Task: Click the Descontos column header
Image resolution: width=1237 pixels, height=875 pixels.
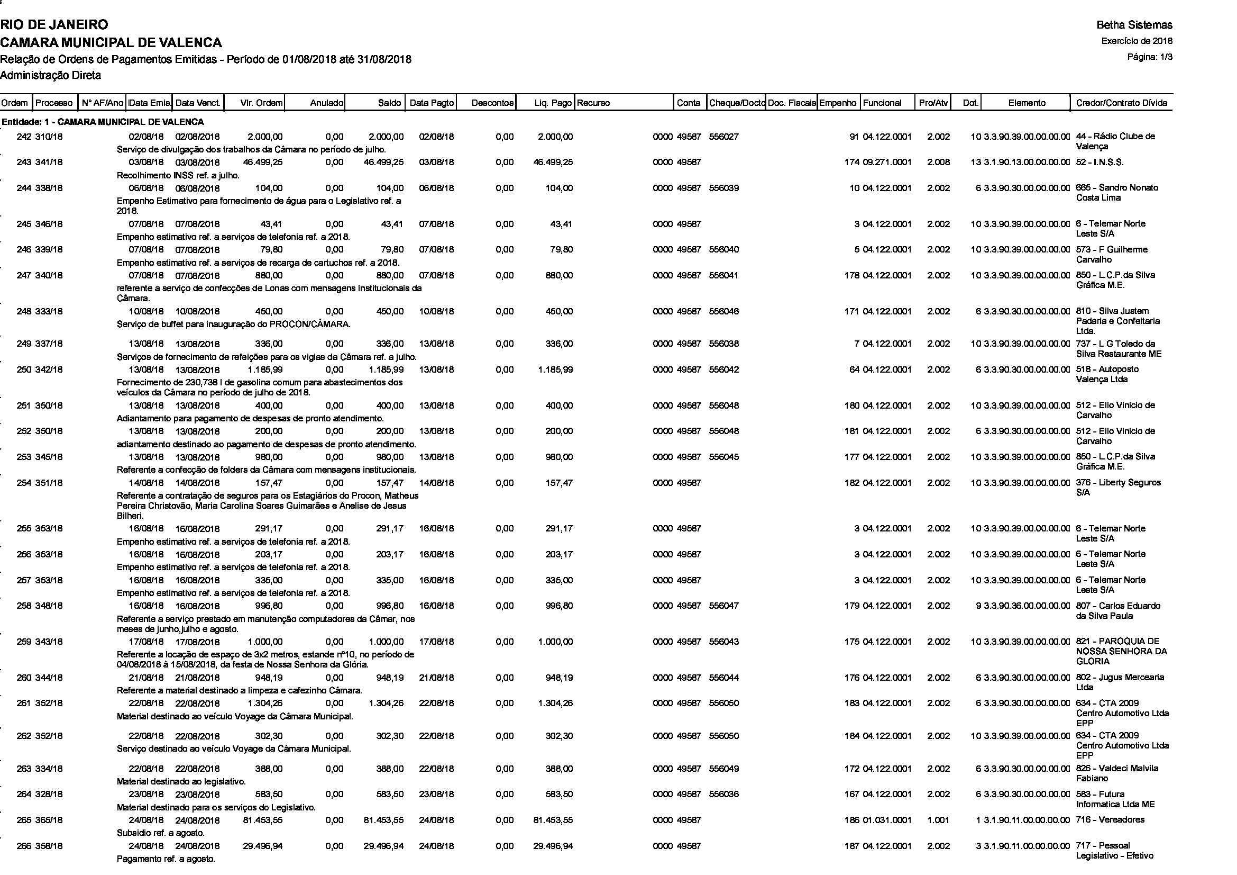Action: [492, 103]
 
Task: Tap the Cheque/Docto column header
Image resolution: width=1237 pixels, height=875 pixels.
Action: [737, 103]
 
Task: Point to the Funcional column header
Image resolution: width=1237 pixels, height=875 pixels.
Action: [882, 103]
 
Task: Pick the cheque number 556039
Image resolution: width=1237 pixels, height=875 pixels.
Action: [723, 188]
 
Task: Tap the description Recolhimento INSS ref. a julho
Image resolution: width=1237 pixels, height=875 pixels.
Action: [178, 175]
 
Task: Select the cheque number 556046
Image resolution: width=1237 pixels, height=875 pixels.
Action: [723, 312]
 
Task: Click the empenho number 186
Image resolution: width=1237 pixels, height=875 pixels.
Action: [852, 820]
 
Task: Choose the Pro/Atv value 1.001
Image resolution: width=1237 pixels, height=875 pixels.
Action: [939, 820]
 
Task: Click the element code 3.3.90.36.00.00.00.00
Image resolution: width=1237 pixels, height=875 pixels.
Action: [1027, 606]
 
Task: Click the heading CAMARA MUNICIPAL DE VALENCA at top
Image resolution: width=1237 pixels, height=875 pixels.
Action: [111, 42]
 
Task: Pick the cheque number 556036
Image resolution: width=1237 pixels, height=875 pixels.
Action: [723, 795]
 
